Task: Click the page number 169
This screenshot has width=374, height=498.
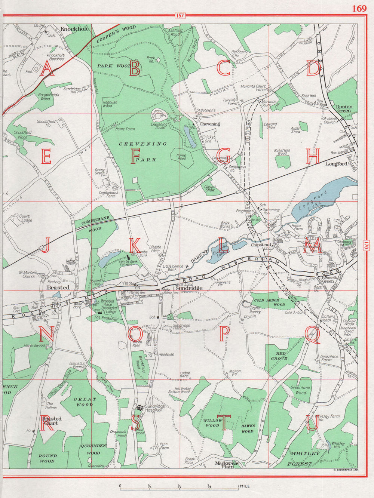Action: [359, 8]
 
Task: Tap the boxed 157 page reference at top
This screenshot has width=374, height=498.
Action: [180, 16]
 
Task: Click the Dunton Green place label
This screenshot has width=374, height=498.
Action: [343, 108]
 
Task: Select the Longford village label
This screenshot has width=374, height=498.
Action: [336, 164]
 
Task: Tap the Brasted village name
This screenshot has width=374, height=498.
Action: [58, 288]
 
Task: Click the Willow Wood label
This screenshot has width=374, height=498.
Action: [212, 423]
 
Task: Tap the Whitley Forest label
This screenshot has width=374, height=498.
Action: [306, 458]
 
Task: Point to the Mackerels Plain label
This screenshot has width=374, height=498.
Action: [227, 465]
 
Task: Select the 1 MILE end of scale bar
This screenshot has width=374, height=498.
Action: [243, 486]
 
